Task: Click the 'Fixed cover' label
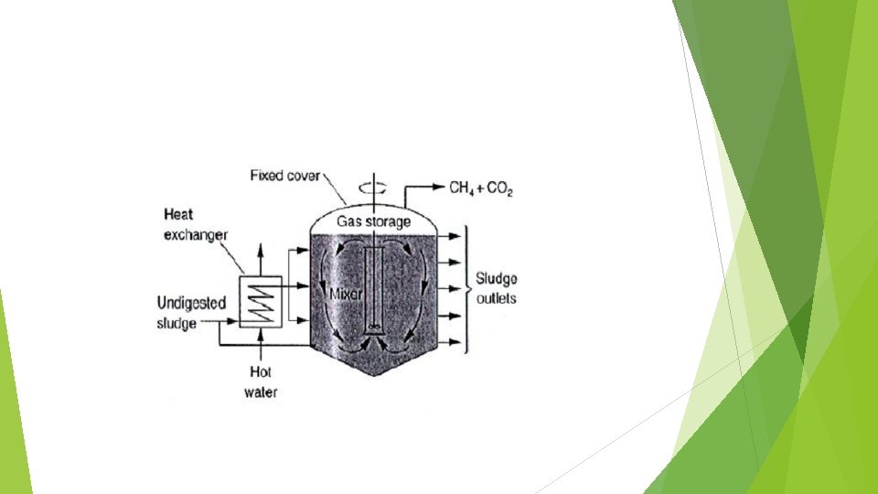pos(285,175)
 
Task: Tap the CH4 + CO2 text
pos(481,188)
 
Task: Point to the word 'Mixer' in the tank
pos(345,295)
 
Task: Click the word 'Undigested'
pos(191,303)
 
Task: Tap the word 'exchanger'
pos(196,235)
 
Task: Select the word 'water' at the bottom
pos(261,392)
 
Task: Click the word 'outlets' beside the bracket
pos(498,299)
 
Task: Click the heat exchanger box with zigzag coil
pos(260,299)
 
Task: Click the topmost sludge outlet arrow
pos(454,235)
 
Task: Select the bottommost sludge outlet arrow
pos(454,344)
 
